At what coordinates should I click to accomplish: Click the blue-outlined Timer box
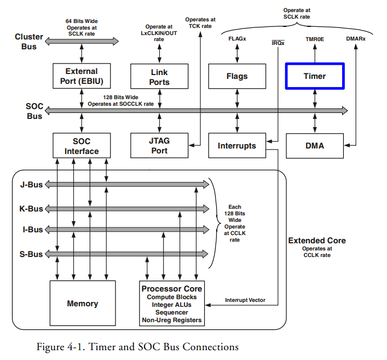pyautogui.click(x=314, y=76)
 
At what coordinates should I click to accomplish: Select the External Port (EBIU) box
pyautogui.click(x=81, y=77)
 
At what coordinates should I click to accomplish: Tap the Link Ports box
pyautogui.click(x=159, y=77)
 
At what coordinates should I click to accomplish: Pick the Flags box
pyautogui.click(x=236, y=76)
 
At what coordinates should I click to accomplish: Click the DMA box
pyautogui.click(x=314, y=146)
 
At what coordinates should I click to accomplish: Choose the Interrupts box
pyautogui.click(x=236, y=146)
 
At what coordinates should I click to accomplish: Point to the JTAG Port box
pyautogui.click(x=159, y=145)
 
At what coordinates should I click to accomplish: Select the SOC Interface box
pyautogui.click(x=81, y=145)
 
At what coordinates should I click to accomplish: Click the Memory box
pyautogui.click(x=82, y=303)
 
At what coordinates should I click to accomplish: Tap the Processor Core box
pyautogui.click(x=172, y=304)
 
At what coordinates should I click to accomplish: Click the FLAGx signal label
pyautogui.click(x=237, y=39)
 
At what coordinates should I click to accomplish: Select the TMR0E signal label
pyautogui.click(x=315, y=39)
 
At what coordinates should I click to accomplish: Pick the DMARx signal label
pyautogui.click(x=357, y=39)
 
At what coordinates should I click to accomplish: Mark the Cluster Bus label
pyautogui.click(x=28, y=42)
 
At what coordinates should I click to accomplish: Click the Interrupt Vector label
pyautogui.click(x=245, y=300)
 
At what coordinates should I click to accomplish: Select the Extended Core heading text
pyautogui.click(x=316, y=241)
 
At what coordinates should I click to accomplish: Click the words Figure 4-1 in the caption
pyautogui.click(x=58, y=346)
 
